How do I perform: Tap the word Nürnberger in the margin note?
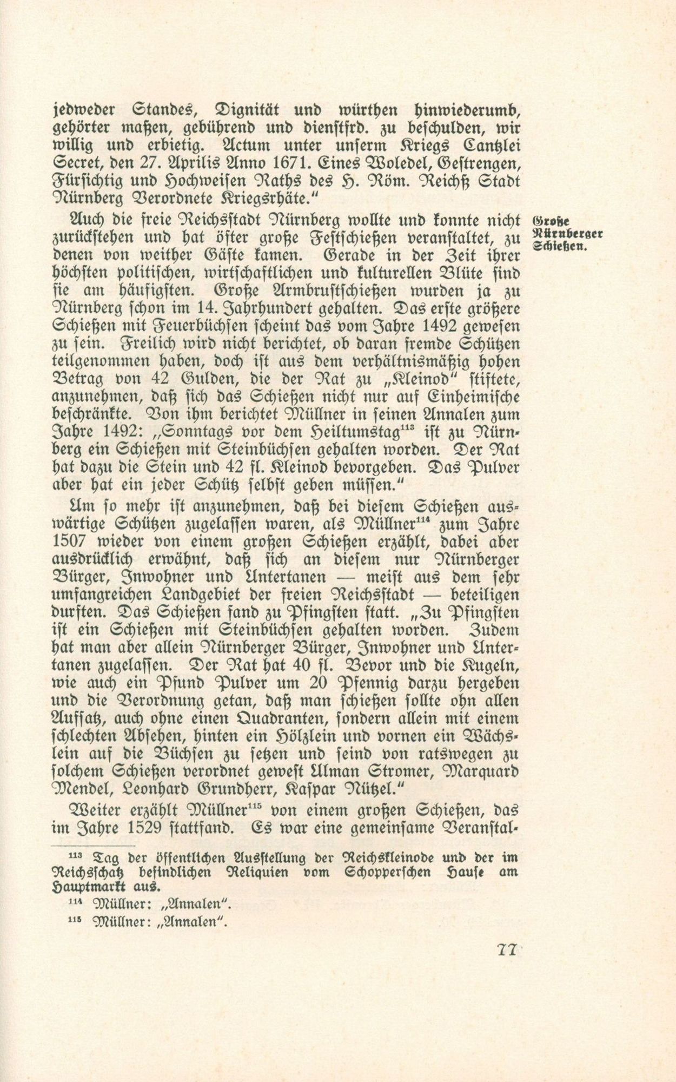(567, 234)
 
